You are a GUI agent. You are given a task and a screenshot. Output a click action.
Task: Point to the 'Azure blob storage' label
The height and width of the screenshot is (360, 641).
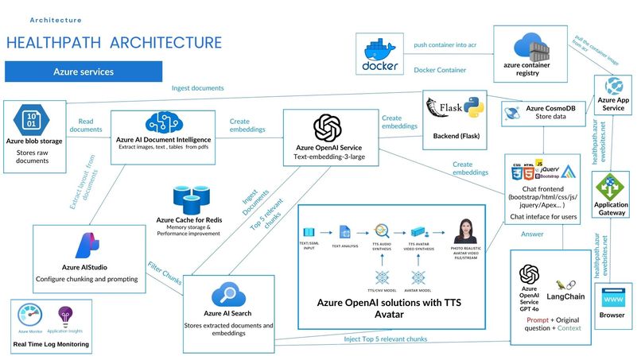point(33,141)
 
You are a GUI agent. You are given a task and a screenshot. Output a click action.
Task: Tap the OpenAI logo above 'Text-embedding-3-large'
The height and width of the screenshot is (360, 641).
point(328,128)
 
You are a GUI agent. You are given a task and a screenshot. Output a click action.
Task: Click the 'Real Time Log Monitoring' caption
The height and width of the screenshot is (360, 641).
point(52,345)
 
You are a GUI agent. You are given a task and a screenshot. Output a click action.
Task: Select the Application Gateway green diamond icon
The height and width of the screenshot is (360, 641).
point(612,186)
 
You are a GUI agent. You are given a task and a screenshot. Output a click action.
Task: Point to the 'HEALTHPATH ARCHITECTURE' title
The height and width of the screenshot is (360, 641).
point(114,42)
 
